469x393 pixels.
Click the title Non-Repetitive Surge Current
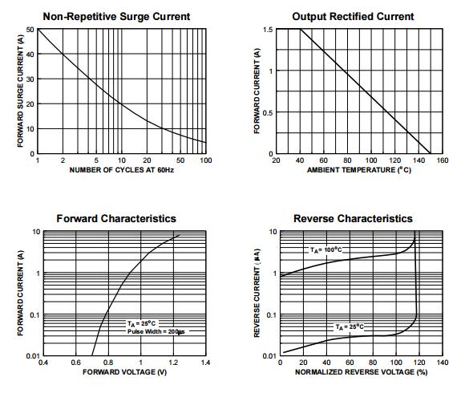coord(116,16)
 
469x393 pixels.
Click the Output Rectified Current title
coord(353,16)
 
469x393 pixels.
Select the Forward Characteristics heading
coord(116,218)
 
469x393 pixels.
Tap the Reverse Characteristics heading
coord(353,218)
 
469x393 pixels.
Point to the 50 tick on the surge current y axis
coord(30,30)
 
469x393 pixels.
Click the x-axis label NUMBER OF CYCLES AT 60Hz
coord(120,169)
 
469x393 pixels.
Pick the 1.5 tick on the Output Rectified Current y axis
coord(268,30)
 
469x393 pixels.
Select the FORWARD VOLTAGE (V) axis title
coord(124,372)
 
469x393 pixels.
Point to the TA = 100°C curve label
coord(327,250)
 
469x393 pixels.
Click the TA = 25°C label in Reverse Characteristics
coord(348,326)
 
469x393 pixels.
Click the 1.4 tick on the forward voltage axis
coord(205,363)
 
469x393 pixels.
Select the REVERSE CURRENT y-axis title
coord(257,294)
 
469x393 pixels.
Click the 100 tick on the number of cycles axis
coord(205,160)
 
